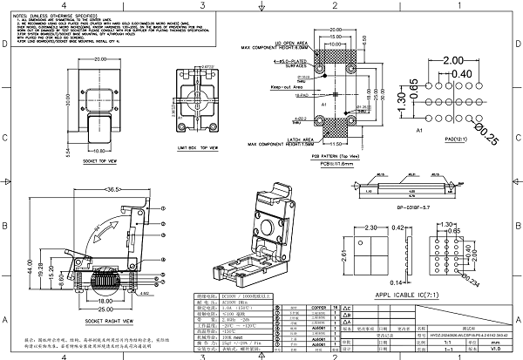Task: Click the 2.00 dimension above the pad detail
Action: pos(453,61)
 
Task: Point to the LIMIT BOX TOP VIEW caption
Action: pos(198,149)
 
